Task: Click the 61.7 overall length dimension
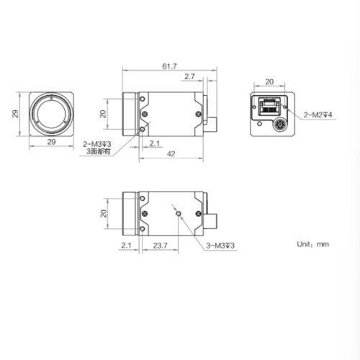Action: point(169,66)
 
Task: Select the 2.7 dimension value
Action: point(189,76)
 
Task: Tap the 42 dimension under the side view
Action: point(171,153)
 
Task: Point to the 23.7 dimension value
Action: point(161,246)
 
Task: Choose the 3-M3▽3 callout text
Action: point(221,246)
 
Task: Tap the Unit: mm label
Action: point(312,244)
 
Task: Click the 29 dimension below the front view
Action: point(51,143)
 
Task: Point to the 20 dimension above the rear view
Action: point(269,81)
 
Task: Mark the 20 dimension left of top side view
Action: point(104,113)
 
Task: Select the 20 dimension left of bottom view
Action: point(104,213)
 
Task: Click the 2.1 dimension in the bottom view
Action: point(126,246)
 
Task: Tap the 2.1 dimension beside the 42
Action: point(153,143)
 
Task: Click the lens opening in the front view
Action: point(52,113)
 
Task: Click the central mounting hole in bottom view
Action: point(177,212)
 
